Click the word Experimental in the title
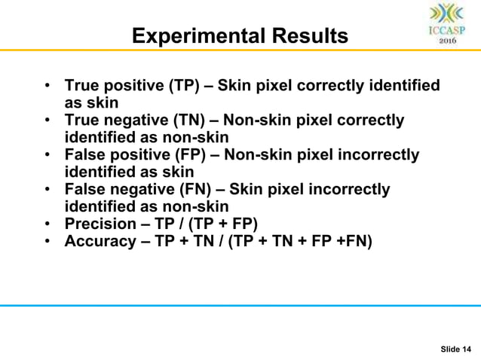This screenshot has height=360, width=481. click(x=191, y=36)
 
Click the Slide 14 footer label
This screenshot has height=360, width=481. click(x=456, y=348)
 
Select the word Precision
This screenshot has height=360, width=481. click(x=98, y=224)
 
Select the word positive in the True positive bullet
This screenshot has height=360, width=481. click(x=133, y=86)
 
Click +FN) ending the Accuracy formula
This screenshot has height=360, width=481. click(x=354, y=241)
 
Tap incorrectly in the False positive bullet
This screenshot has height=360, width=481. click(x=377, y=155)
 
